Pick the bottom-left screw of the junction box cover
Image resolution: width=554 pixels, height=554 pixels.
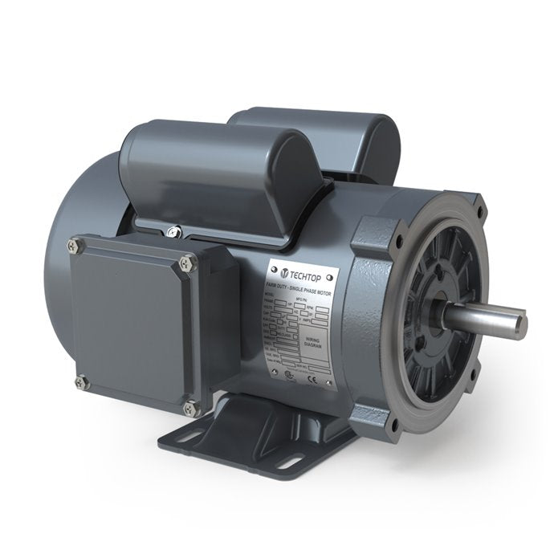(x=80, y=383)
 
